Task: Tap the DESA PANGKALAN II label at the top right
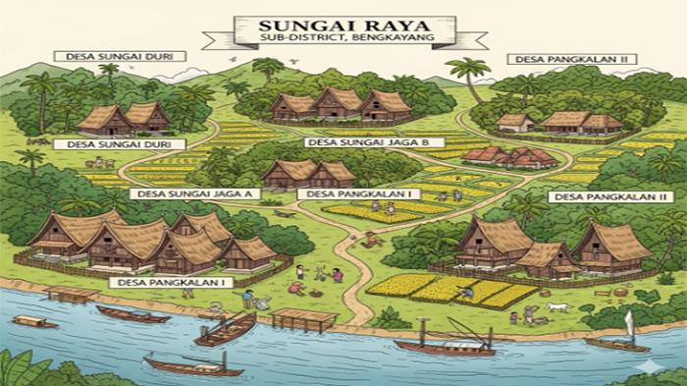click(572, 59)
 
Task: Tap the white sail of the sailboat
click(629, 323)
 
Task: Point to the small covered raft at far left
click(34, 321)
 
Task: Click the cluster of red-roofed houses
click(510, 156)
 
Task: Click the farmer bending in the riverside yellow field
click(468, 290)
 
